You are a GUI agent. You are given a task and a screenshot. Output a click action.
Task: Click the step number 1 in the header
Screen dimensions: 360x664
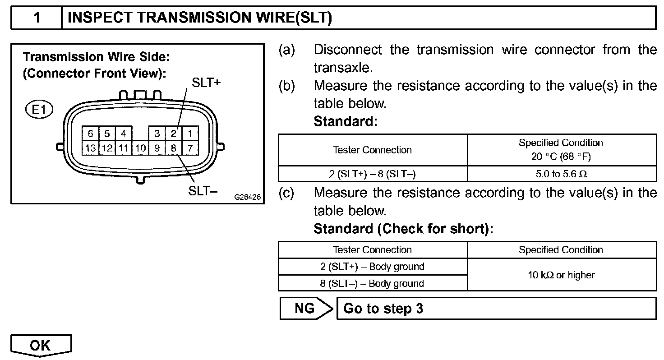click(x=37, y=18)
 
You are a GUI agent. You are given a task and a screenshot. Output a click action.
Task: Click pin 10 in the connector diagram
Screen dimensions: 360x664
click(x=141, y=148)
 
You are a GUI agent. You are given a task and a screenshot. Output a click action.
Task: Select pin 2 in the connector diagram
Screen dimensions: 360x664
click(x=173, y=134)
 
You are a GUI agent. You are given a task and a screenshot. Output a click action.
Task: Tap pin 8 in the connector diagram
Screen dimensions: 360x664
click(x=173, y=148)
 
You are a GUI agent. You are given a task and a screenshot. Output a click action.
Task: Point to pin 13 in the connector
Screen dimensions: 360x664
click(x=90, y=148)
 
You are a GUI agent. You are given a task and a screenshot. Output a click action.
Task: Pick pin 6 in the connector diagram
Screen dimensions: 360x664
click(x=90, y=134)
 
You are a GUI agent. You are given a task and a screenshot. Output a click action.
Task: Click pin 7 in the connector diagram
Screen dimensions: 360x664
click(x=190, y=148)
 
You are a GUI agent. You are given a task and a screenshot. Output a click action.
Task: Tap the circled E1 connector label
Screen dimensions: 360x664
click(x=40, y=110)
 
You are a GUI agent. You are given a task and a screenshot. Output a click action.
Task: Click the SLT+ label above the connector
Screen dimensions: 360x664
click(x=206, y=83)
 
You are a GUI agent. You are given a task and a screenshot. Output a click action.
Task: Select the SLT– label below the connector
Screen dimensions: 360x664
click(x=203, y=191)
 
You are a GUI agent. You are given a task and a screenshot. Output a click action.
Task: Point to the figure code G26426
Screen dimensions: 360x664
click(x=247, y=197)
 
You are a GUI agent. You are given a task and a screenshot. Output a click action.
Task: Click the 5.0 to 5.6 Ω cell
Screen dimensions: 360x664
click(x=561, y=174)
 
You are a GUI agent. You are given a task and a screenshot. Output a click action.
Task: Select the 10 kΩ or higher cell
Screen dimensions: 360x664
click(x=561, y=275)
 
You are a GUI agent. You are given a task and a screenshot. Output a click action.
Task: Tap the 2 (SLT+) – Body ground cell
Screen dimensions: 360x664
click(x=372, y=267)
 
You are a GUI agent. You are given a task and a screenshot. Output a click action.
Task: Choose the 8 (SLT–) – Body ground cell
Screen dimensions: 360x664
click(x=372, y=283)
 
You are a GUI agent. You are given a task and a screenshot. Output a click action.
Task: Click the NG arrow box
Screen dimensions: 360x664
click(x=305, y=309)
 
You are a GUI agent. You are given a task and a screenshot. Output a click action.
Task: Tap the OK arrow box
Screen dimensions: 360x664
click(x=41, y=346)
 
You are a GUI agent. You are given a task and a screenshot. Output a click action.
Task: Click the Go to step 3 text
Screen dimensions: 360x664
click(x=383, y=309)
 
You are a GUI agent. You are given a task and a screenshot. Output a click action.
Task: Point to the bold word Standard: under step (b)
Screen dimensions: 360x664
click(x=345, y=121)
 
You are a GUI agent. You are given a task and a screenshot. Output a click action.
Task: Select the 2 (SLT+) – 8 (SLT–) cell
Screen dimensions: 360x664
click(x=372, y=174)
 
